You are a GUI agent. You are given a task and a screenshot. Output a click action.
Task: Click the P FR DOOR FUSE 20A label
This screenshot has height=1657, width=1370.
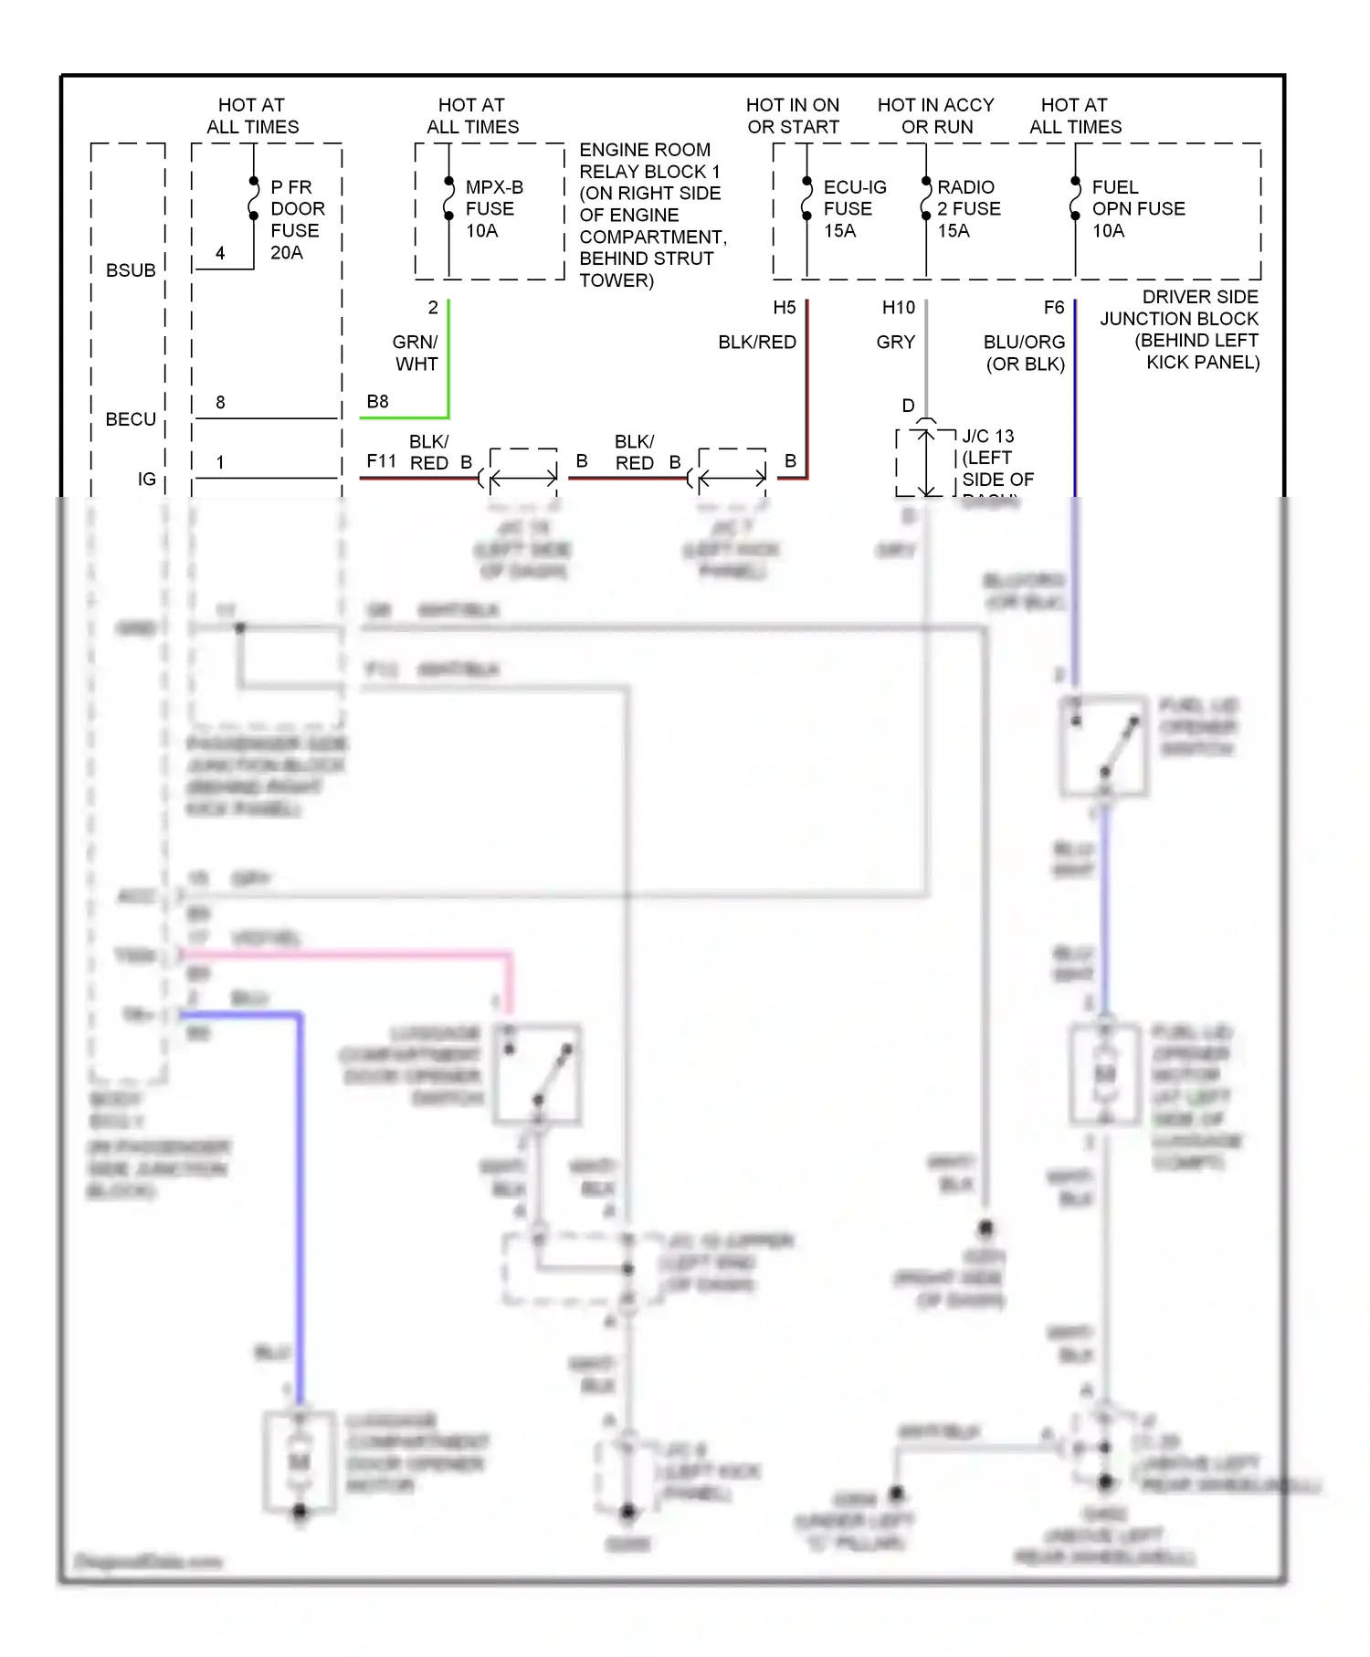297,219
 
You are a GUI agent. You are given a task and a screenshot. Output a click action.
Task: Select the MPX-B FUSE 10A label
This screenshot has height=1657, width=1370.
493,208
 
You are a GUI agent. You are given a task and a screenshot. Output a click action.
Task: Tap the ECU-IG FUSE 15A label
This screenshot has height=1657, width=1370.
853,208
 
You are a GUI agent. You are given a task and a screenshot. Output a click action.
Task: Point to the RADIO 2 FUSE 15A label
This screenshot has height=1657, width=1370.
967,208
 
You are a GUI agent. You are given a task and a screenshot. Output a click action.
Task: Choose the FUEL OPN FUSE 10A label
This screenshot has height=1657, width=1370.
1137,208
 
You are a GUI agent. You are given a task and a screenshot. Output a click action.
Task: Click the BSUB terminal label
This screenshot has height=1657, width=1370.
131,270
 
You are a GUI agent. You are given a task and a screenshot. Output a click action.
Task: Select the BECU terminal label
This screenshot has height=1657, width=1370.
131,419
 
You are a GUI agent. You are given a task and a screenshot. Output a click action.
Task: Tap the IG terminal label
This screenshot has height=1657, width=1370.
146,479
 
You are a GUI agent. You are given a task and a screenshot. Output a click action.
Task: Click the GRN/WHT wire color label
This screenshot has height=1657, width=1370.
416,353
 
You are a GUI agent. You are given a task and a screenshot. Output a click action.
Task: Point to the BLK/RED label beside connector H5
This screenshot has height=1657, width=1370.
756,343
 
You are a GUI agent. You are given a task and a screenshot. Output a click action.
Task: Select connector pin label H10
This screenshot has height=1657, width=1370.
898,308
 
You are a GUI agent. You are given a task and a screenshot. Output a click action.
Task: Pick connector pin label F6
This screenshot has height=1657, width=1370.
1053,308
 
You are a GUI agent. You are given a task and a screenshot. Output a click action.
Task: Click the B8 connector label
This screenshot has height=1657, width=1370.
377,402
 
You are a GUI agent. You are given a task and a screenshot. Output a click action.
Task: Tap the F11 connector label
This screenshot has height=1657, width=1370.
381,461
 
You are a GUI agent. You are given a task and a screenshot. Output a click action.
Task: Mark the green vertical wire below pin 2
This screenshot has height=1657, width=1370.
448,356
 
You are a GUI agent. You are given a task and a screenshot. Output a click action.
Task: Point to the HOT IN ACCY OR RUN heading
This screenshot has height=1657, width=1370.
935,116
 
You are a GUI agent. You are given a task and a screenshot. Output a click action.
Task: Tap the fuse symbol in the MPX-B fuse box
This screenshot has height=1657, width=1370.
448,198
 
